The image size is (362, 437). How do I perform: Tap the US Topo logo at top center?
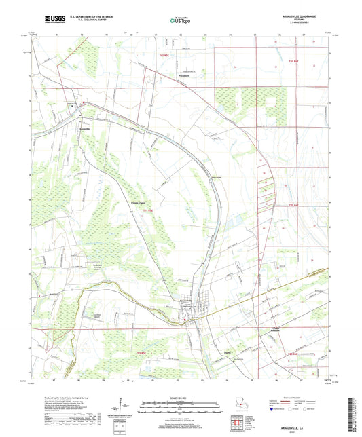point(180,20)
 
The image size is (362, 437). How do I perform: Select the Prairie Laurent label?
point(139,201)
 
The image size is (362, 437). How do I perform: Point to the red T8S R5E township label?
point(141,354)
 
